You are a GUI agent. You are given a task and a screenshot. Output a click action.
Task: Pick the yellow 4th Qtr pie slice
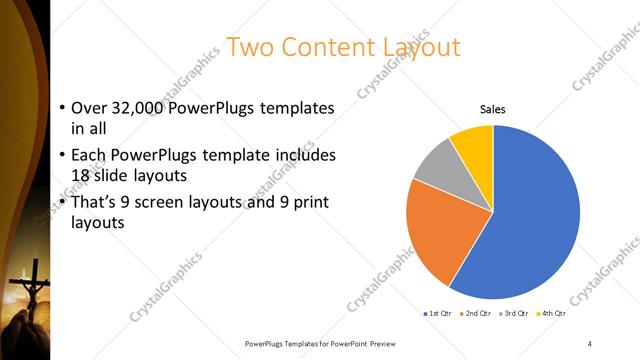coord(473,145)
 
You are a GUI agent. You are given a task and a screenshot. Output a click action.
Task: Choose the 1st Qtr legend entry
coord(439,314)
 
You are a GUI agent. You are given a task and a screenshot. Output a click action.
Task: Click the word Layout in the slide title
coord(419,47)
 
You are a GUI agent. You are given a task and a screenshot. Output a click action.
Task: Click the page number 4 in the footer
coord(590,343)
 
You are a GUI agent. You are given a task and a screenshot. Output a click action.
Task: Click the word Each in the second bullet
coord(87,155)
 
